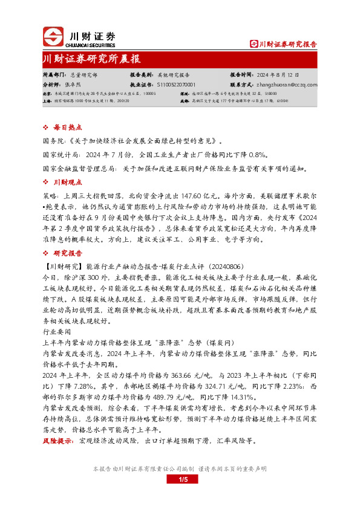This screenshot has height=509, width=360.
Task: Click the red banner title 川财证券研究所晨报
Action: click(x=91, y=59)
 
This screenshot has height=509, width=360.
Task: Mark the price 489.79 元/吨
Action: click(x=159, y=397)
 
